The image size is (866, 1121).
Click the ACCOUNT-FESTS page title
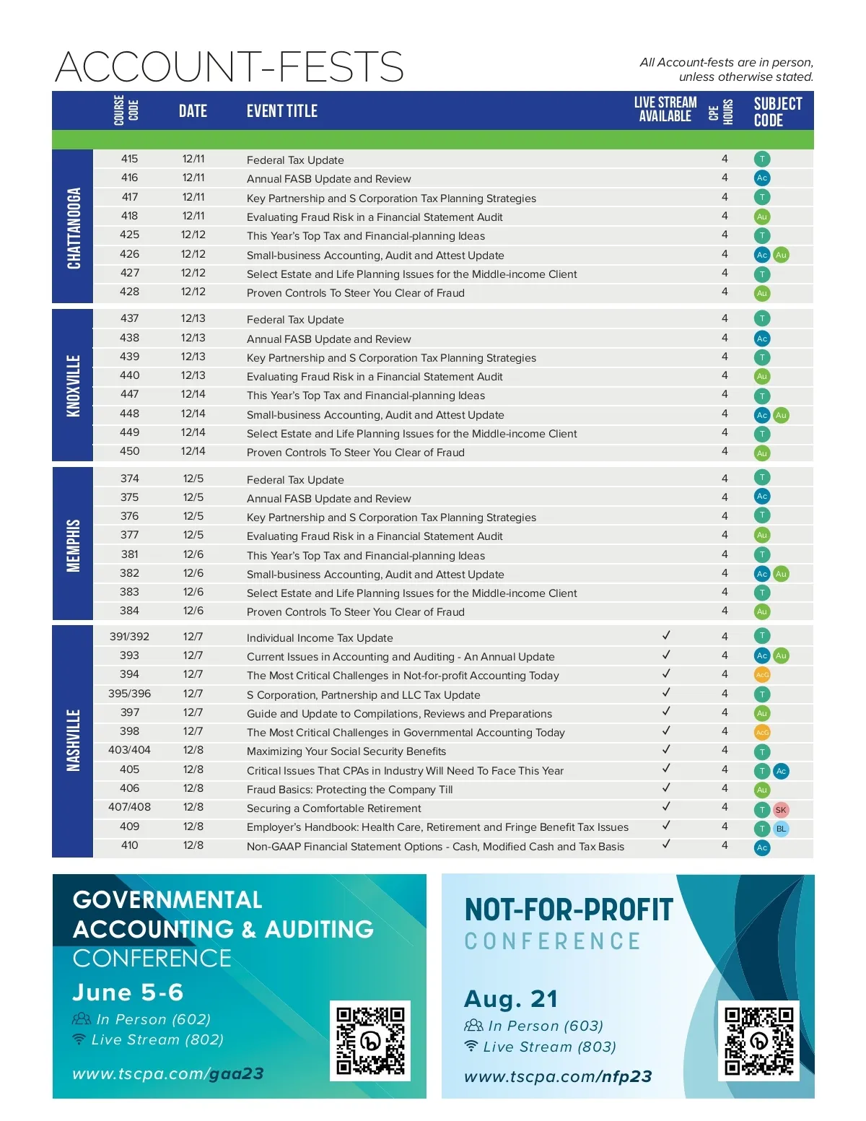[229, 66]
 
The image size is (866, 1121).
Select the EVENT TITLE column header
[282, 111]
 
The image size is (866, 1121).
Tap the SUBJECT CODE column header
[777, 112]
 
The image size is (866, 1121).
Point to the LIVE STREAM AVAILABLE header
[665, 110]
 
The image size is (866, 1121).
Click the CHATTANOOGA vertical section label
[74, 228]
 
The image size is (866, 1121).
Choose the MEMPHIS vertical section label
[74, 546]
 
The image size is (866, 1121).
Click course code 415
[130, 159]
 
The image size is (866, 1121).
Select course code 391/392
[130, 637]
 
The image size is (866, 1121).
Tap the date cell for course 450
[193, 451]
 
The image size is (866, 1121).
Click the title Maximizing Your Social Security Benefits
[346, 751]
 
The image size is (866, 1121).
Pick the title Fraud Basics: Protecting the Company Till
[350, 790]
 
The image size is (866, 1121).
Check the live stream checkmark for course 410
[666, 844]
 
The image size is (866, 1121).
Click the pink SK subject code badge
[781, 810]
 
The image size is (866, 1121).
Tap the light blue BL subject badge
[781, 829]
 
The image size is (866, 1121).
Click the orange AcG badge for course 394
[762, 675]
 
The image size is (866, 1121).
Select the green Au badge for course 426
[781, 255]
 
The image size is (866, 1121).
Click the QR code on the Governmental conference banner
[370, 1040]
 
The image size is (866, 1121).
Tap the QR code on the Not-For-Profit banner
[758, 1041]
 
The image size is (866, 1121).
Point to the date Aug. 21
[511, 999]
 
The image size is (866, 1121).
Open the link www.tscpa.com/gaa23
[168, 1074]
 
